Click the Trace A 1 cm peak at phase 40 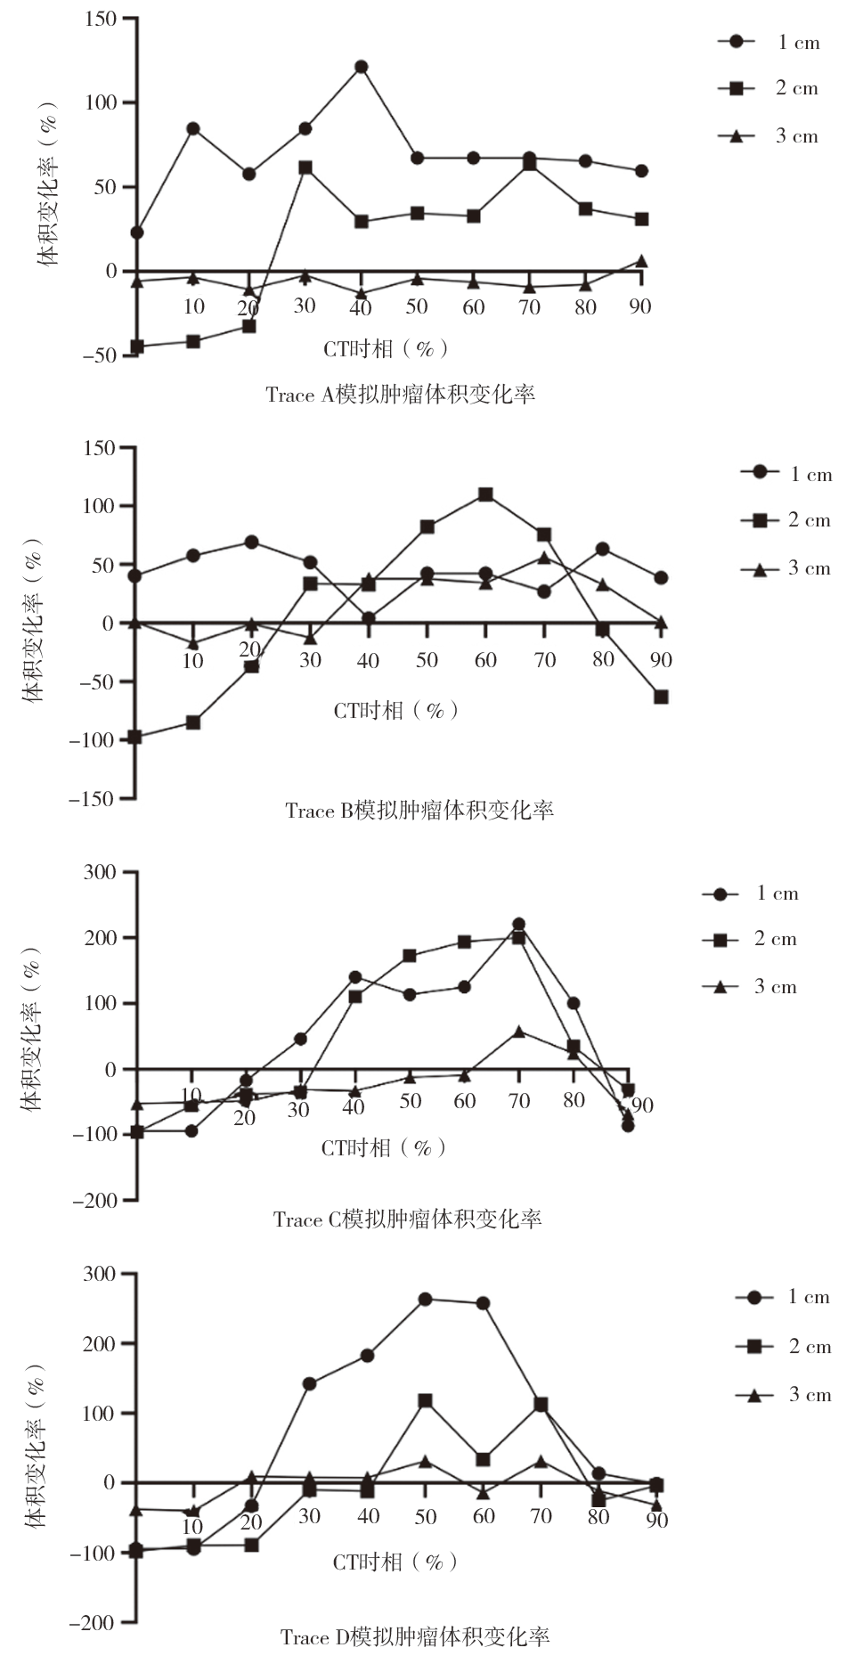point(361,67)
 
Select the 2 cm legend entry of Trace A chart point(769,88)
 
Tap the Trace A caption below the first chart point(400,395)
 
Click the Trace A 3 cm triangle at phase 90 point(641,262)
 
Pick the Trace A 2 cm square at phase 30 point(305,167)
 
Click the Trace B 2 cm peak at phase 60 point(485,494)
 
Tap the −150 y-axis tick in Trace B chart point(93,799)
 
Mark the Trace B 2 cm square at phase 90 point(661,697)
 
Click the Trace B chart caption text point(419,811)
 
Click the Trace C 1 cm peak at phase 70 point(518,925)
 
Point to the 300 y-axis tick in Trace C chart point(100,872)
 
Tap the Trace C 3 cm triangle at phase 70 point(519,1032)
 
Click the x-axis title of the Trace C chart point(383,1148)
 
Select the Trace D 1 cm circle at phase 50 point(425,1300)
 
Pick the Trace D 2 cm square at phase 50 point(425,1401)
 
